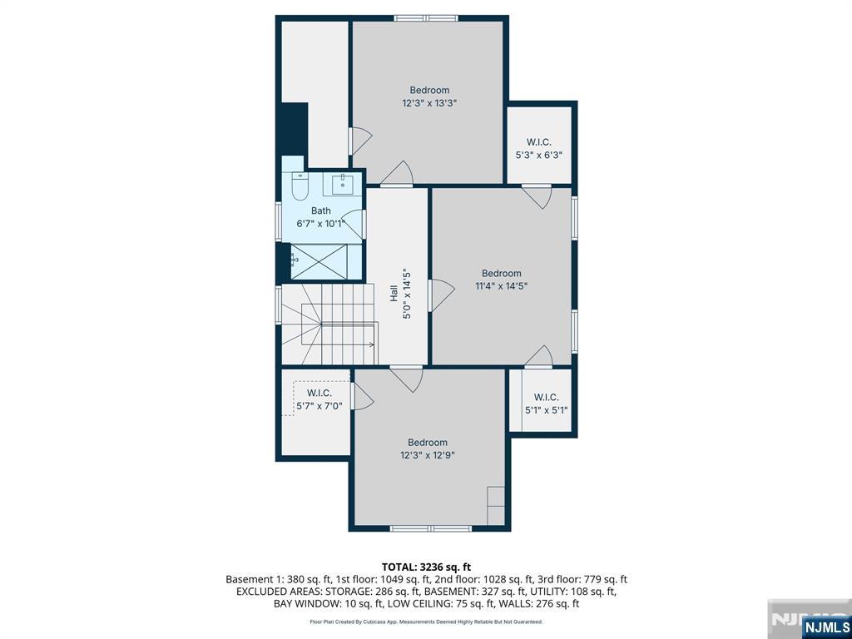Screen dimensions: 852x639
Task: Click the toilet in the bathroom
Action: [x=300, y=186]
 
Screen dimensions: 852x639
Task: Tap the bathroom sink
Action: [x=343, y=184]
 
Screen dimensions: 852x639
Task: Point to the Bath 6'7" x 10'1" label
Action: [x=321, y=217]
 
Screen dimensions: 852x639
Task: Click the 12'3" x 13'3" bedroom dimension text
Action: [x=429, y=102]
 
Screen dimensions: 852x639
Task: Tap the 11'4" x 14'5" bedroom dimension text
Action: [x=501, y=286]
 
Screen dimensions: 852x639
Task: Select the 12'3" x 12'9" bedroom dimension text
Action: [x=428, y=455]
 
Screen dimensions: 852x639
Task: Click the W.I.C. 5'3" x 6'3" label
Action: [x=539, y=149]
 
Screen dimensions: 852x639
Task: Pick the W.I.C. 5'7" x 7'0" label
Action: [x=319, y=399]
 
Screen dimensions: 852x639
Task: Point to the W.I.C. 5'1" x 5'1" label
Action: [x=546, y=404]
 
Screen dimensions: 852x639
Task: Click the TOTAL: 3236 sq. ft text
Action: [x=426, y=567]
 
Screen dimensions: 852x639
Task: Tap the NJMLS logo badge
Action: [x=825, y=627]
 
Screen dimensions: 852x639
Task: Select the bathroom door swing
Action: [x=353, y=223]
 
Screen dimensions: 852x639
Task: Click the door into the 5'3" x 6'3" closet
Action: [x=537, y=196]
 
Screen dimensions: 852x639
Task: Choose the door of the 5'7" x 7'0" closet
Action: [x=362, y=397]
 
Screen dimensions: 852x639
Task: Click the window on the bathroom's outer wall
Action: [x=278, y=220]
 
